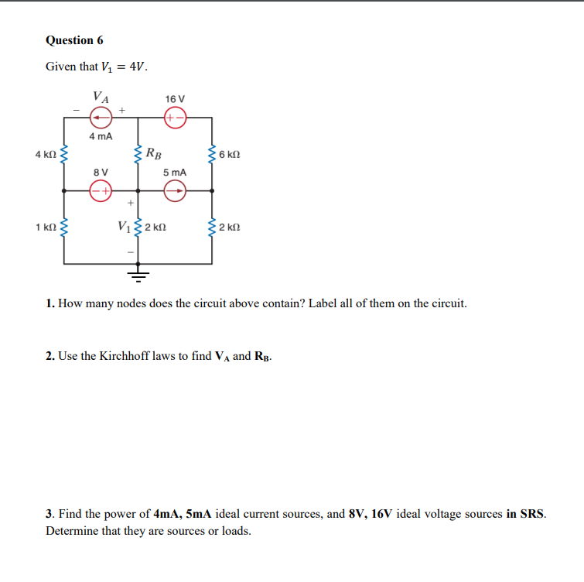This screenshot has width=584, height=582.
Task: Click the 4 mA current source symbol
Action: click(101, 118)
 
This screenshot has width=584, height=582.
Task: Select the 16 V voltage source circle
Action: click(175, 118)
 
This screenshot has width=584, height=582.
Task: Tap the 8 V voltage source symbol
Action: click(101, 190)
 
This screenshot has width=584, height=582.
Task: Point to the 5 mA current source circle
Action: click(175, 190)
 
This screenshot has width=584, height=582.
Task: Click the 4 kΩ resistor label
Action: click(45, 155)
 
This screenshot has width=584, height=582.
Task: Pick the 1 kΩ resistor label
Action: click(45, 228)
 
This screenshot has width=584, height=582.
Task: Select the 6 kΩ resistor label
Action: click(230, 155)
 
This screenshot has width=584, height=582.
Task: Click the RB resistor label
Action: click(155, 152)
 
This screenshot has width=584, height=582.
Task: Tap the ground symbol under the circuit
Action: click(138, 274)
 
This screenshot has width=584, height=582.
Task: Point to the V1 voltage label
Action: click(124, 227)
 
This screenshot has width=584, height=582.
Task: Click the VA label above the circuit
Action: click(101, 98)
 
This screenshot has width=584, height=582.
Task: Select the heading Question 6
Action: click(74, 40)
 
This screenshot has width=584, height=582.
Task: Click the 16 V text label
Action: click(176, 99)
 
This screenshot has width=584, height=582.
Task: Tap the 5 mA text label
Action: click(175, 171)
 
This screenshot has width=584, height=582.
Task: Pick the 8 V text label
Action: click(101, 171)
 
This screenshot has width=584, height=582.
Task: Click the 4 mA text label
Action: click(101, 136)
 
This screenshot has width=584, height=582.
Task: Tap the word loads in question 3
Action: click(235, 532)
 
